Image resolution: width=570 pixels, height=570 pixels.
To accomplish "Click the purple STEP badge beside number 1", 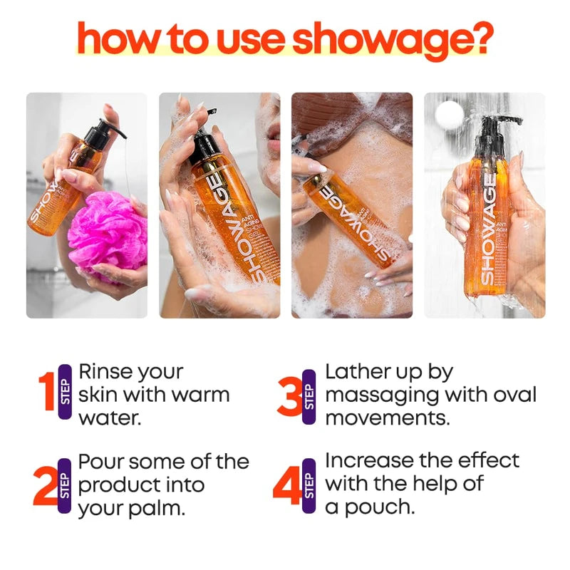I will coord(66,392).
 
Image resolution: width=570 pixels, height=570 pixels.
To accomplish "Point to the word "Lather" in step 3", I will coord(358,372).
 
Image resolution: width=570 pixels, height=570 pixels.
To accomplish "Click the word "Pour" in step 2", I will coord(100,462).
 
